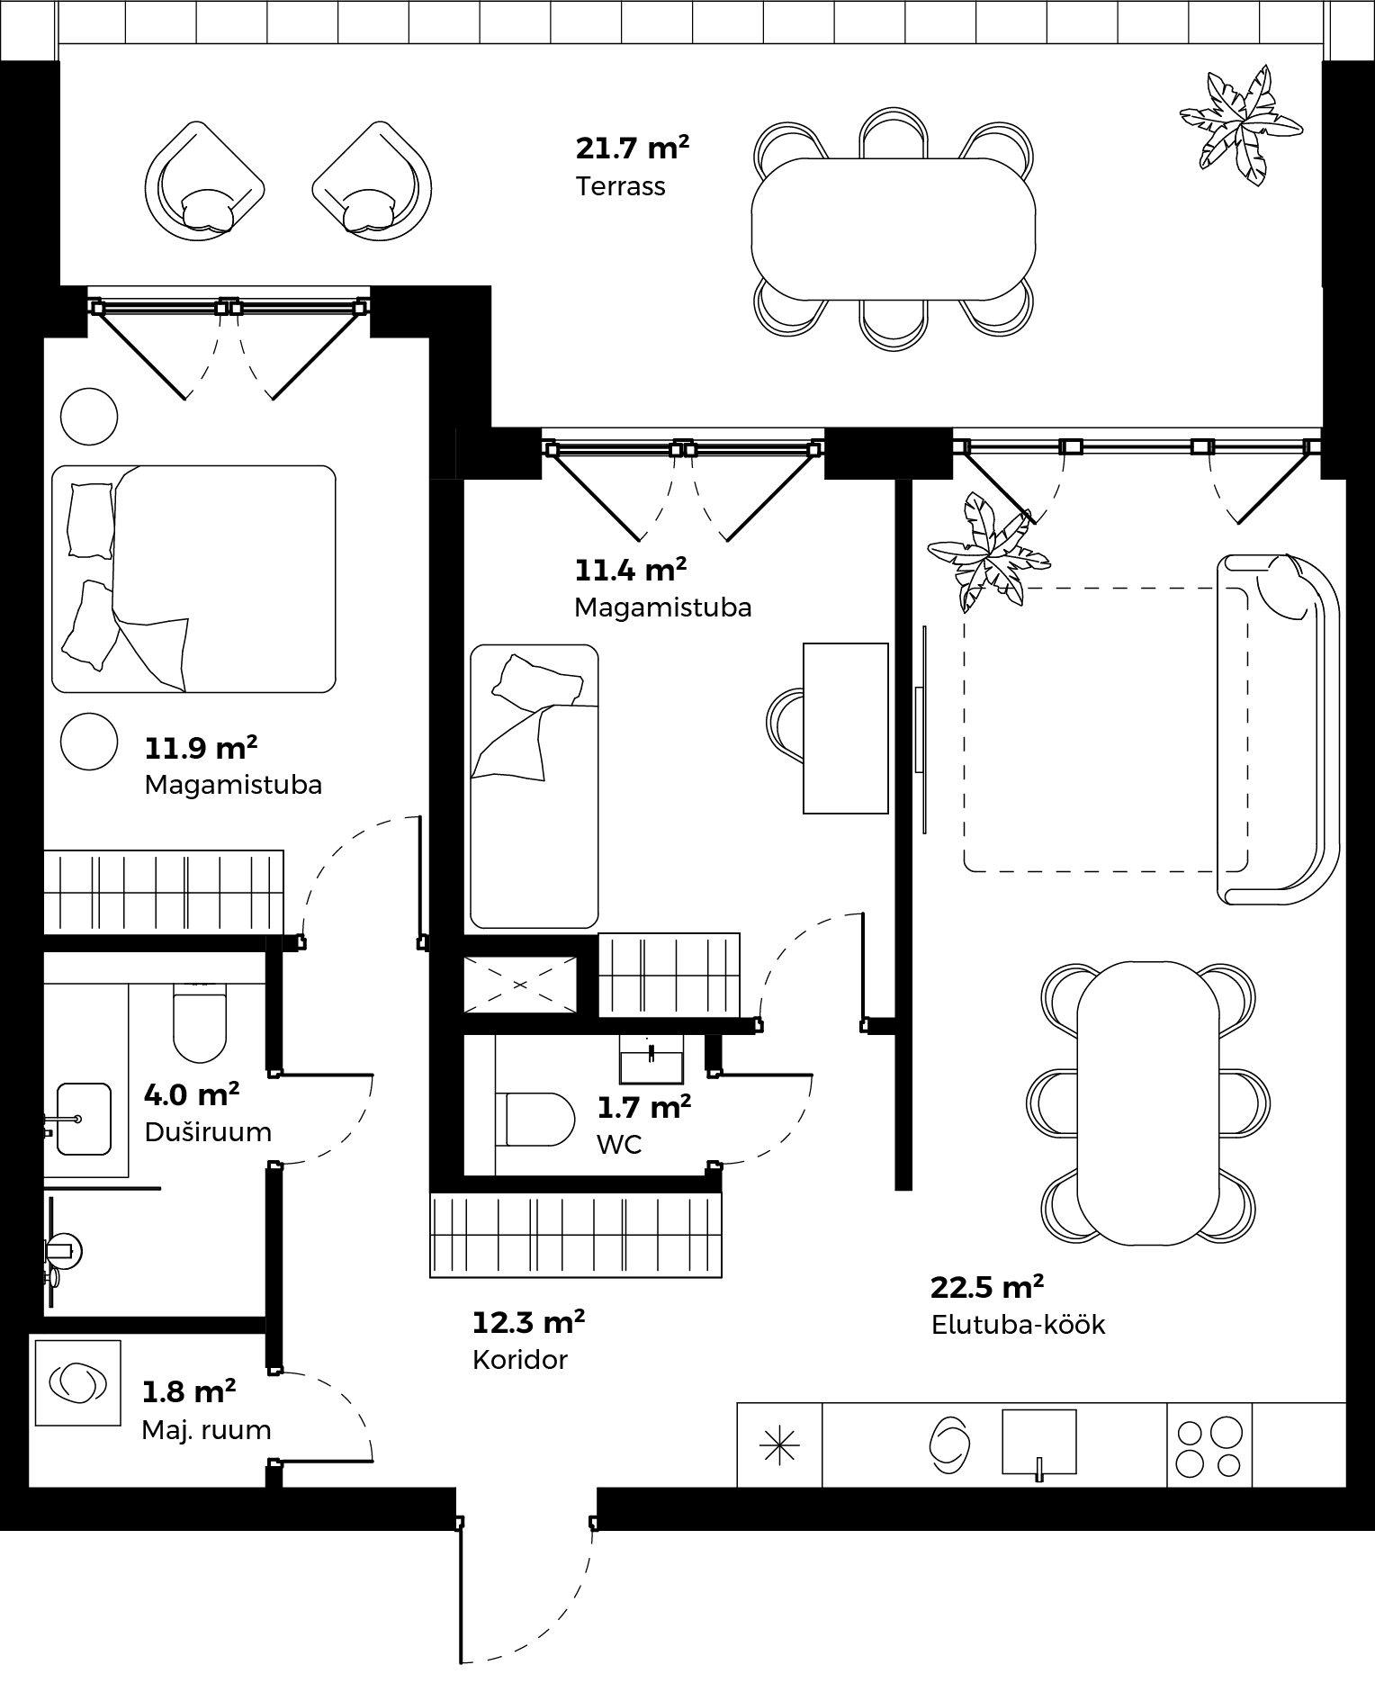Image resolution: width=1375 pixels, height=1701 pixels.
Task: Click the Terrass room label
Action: [x=620, y=186]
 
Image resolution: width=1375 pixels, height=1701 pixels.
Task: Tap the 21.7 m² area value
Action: [x=632, y=147]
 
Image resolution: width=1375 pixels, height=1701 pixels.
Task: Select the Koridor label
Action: [x=520, y=1360]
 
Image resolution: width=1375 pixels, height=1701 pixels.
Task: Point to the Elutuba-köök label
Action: [x=1018, y=1325]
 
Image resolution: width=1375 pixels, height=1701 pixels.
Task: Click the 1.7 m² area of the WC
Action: [x=643, y=1107]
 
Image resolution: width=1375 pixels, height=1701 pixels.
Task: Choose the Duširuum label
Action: [x=208, y=1131]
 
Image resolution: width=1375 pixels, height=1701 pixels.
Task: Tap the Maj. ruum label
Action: [x=206, y=1430]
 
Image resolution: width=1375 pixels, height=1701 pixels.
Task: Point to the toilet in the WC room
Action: [x=535, y=1119]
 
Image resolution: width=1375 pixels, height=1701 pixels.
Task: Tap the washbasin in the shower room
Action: [x=84, y=1119]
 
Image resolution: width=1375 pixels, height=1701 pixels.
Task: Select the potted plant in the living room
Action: [x=989, y=552]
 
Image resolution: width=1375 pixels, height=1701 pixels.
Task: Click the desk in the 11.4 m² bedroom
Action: [x=845, y=728]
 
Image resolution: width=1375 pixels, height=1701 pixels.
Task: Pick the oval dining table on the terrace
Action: [x=894, y=229]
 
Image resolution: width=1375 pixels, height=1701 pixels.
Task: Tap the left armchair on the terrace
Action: [x=205, y=181]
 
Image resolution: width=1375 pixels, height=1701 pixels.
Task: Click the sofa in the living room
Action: [x=1278, y=730]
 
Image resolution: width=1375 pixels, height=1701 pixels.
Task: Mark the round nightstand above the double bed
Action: [x=89, y=416]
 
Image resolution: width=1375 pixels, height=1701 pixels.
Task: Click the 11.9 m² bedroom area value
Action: [x=202, y=748]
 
